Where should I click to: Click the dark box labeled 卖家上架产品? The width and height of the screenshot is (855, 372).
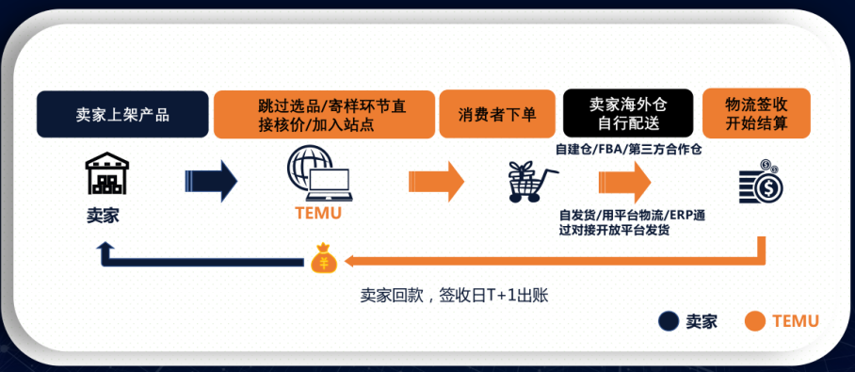(x=122, y=115)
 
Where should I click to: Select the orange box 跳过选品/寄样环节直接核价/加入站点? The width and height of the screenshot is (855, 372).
(x=325, y=114)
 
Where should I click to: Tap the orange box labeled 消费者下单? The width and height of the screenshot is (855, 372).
(x=497, y=115)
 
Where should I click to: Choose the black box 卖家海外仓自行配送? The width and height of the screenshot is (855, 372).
(x=627, y=114)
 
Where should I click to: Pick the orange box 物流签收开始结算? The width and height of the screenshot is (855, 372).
(x=756, y=114)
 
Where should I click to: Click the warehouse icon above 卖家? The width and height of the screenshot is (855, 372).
(x=105, y=177)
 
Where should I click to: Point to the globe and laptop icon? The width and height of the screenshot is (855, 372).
(x=319, y=175)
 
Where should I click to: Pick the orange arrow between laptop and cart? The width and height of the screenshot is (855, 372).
(x=436, y=180)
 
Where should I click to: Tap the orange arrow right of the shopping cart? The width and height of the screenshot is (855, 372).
(x=624, y=180)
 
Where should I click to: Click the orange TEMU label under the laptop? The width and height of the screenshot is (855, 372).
(x=318, y=213)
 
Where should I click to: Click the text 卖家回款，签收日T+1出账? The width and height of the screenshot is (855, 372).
(x=454, y=295)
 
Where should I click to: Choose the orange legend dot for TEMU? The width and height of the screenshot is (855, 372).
(x=753, y=321)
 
